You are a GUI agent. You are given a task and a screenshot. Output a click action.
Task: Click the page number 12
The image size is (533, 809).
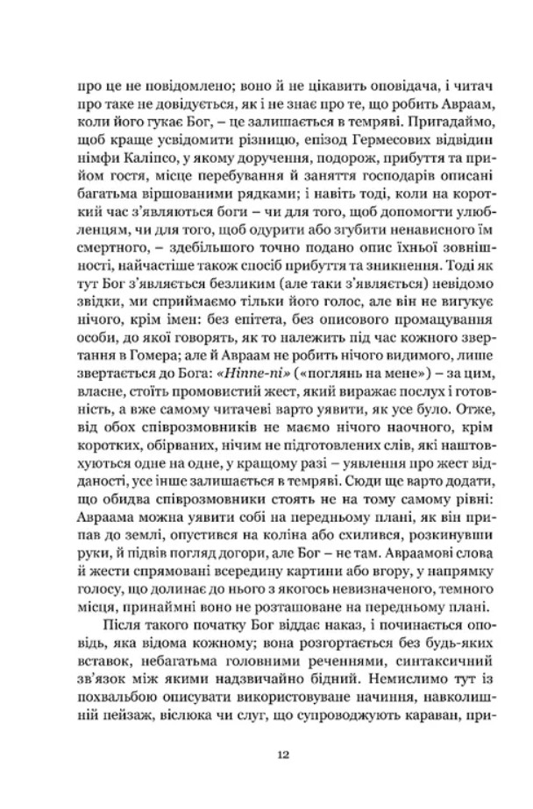coord(266,756)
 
